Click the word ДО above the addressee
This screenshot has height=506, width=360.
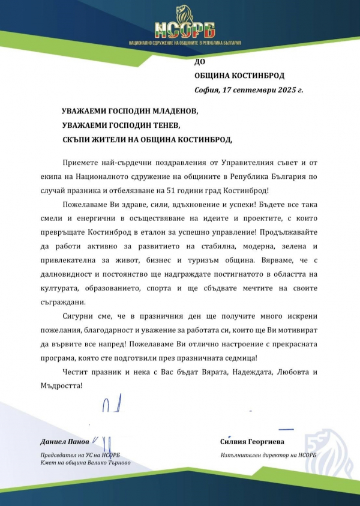click(x=200, y=62)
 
